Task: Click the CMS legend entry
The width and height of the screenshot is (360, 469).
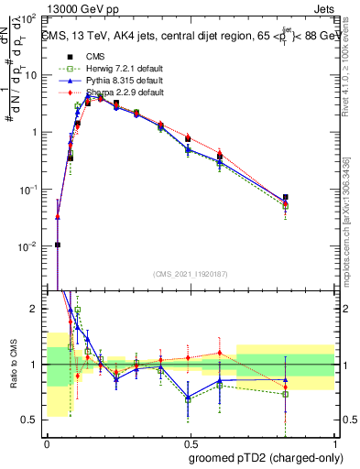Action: pyautogui.click(x=94, y=57)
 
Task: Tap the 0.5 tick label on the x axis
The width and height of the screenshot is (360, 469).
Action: pyautogui.click(x=189, y=442)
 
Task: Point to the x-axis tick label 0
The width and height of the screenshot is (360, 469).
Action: pyautogui.click(x=48, y=442)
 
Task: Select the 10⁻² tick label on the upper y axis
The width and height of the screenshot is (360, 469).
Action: pyautogui.click(x=31, y=246)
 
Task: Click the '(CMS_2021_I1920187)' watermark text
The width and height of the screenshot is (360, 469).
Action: pyautogui.click(x=189, y=275)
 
